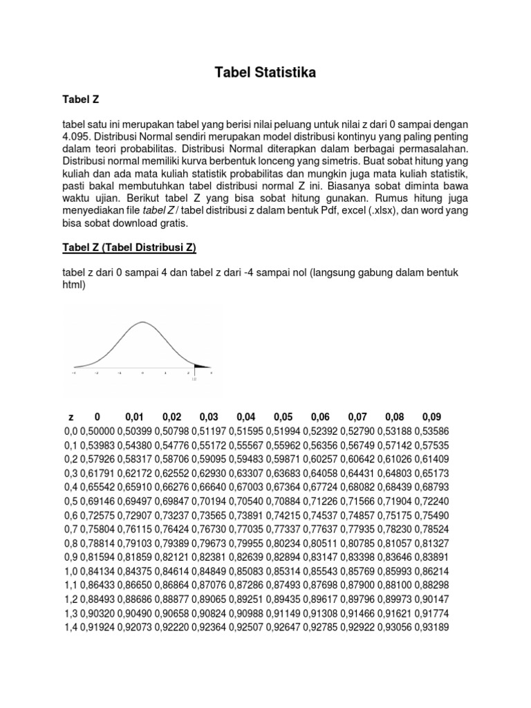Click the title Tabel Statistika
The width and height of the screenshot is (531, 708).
click(x=265, y=73)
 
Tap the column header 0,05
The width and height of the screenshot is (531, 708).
click(x=283, y=417)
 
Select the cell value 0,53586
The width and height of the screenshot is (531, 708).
click(x=431, y=431)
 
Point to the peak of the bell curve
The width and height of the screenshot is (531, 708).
click(x=143, y=322)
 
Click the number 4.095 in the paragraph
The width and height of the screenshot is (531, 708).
click(x=76, y=136)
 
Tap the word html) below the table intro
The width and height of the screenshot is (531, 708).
click(x=74, y=284)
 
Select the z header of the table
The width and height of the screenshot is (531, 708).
click(x=71, y=417)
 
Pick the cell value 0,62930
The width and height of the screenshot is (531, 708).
click(x=209, y=474)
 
